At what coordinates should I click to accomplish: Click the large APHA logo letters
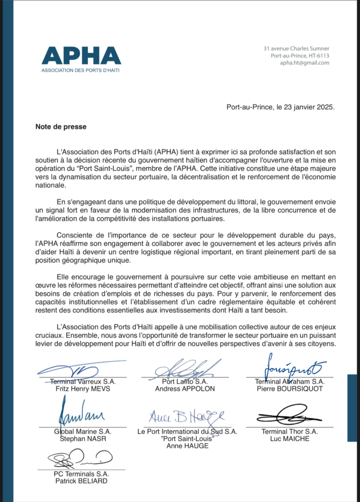click(81, 55)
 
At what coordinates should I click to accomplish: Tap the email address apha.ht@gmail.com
click(305, 63)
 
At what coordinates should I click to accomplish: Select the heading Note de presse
click(61, 126)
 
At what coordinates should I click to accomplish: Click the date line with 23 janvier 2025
click(281, 107)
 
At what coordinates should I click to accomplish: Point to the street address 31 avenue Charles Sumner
click(296, 48)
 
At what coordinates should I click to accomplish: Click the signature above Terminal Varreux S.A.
click(81, 370)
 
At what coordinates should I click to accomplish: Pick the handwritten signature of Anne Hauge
click(187, 416)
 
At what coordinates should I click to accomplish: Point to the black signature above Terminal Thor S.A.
click(289, 416)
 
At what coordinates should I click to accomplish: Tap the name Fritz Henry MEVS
click(82, 389)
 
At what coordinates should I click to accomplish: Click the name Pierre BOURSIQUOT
click(289, 389)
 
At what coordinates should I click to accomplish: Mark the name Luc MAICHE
click(289, 439)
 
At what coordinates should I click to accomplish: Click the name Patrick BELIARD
click(81, 481)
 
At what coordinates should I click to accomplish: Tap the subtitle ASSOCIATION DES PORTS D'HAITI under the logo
click(81, 70)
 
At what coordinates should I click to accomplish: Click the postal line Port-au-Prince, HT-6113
click(300, 55)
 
